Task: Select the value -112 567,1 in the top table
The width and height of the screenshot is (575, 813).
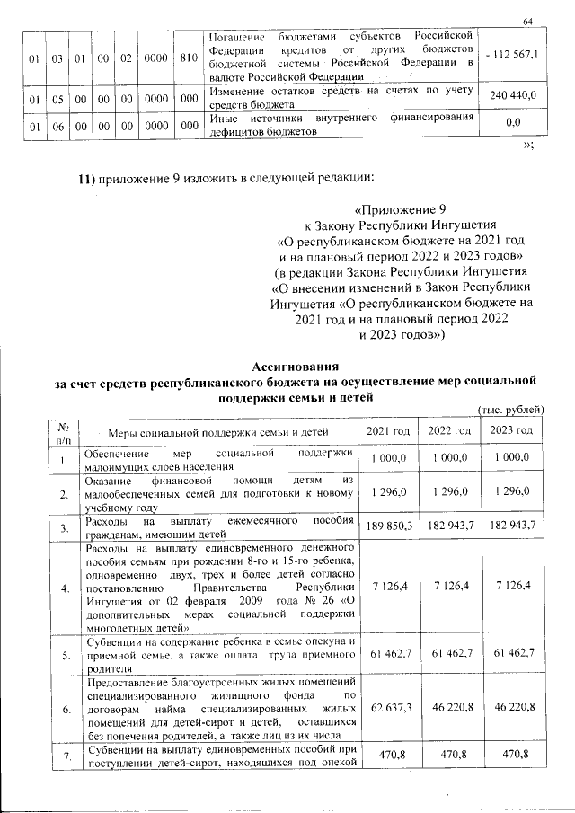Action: click(510, 55)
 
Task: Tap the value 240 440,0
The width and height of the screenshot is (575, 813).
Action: click(512, 94)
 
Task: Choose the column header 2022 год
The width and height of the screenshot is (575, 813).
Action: click(451, 431)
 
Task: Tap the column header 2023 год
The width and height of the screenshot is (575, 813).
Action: click(511, 431)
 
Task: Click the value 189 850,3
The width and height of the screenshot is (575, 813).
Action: click(388, 524)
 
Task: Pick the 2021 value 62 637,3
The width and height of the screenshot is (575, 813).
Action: click(388, 708)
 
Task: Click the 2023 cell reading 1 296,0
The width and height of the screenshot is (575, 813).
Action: click(511, 491)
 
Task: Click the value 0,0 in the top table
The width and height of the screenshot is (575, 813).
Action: click(514, 121)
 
